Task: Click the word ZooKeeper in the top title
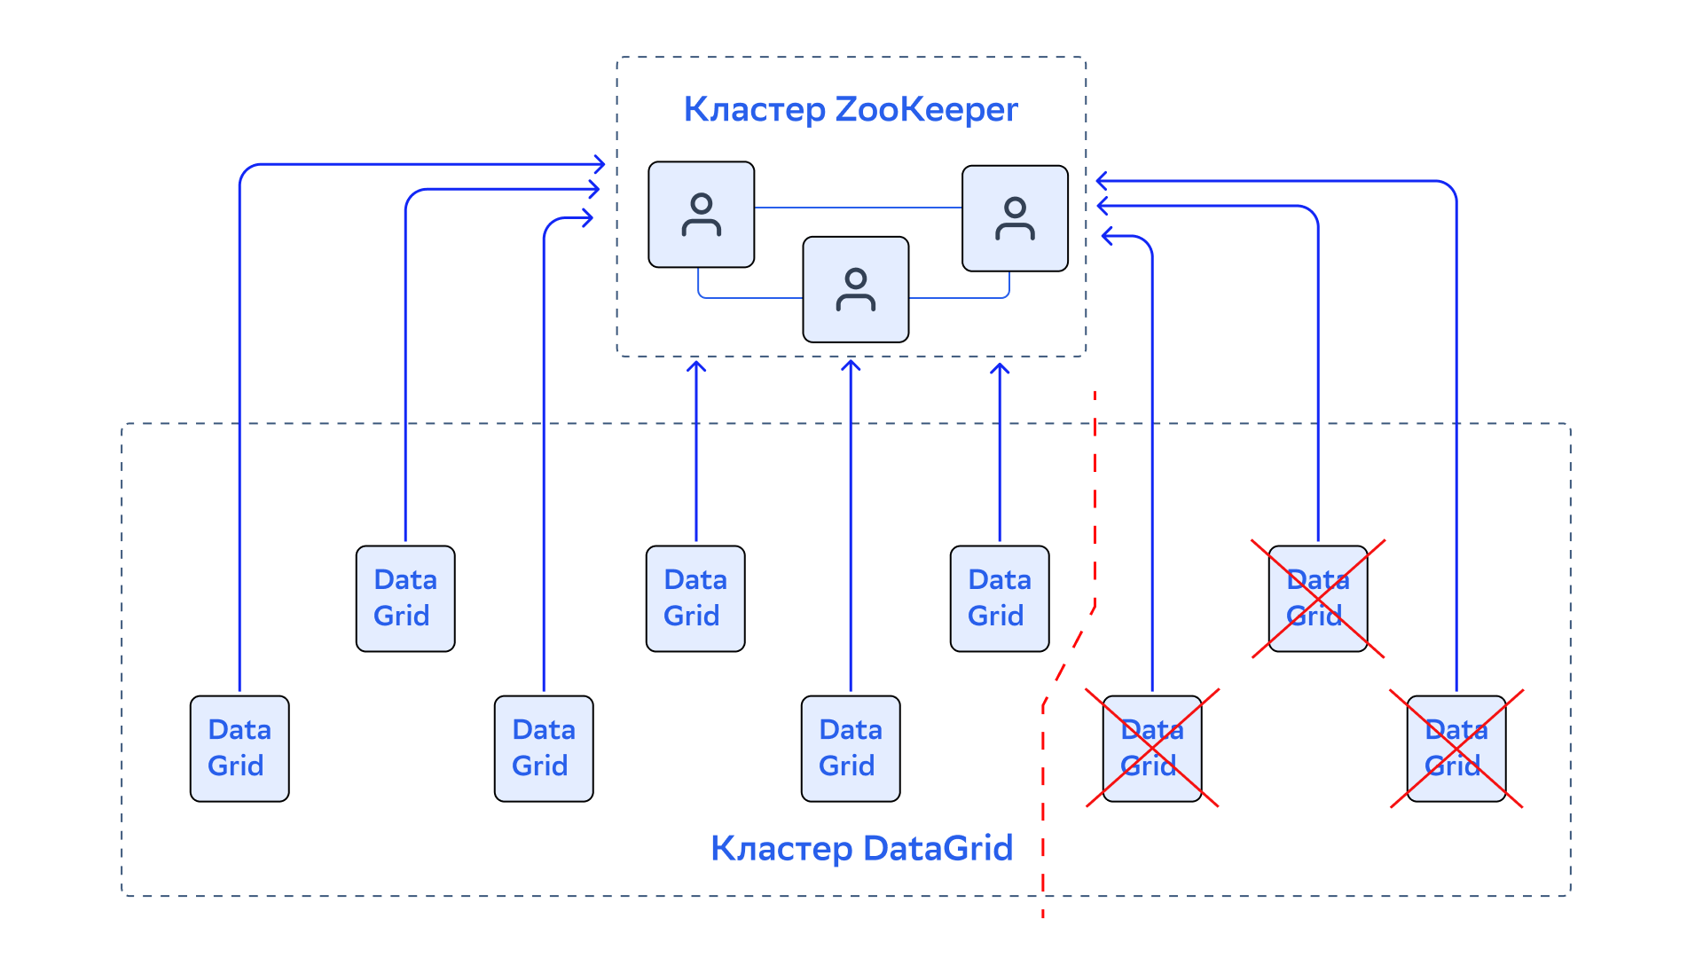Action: click(x=926, y=110)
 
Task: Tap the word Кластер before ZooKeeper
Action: click(x=755, y=110)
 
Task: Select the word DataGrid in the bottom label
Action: click(x=938, y=849)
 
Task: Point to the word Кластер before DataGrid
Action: click(x=782, y=849)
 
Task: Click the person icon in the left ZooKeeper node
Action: click(x=702, y=215)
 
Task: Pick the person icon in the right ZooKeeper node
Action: click(x=1016, y=218)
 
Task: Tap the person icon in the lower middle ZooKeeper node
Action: click(x=856, y=289)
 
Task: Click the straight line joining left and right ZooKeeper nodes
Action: click(x=859, y=208)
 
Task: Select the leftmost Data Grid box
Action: click(x=239, y=749)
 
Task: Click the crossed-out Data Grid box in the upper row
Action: click(x=1318, y=599)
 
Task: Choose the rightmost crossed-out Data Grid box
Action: click(x=1456, y=749)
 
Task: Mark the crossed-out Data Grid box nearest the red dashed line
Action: click(x=1152, y=749)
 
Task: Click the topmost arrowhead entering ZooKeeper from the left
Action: click(x=600, y=164)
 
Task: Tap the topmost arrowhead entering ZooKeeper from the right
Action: click(x=1103, y=181)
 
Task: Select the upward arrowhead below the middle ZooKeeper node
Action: click(x=851, y=365)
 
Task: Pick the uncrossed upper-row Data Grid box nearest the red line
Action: click(x=1000, y=599)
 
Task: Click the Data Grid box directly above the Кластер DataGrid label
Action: click(x=851, y=749)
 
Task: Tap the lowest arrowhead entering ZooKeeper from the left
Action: click(x=587, y=217)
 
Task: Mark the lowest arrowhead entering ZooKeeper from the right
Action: click(x=1108, y=236)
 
